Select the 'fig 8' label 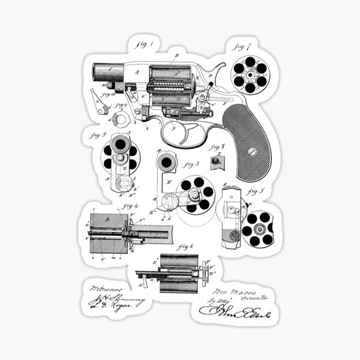click(x=217, y=146)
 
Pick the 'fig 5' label click(x=256, y=193)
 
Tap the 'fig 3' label click(x=191, y=163)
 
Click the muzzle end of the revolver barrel click(x=97, y=71)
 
